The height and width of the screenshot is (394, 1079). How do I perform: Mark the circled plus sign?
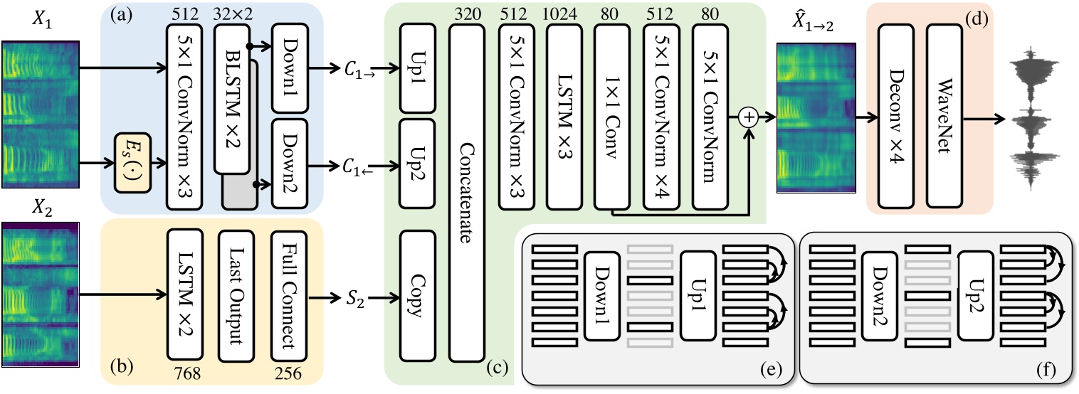pos(749,117)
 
